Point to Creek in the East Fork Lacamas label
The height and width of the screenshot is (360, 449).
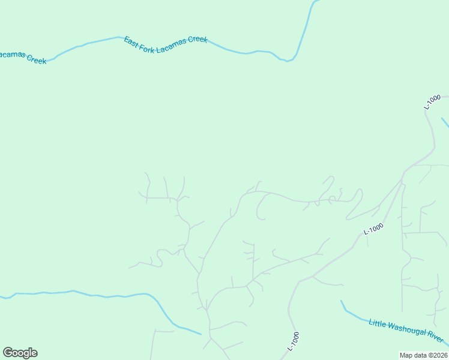[197, 40]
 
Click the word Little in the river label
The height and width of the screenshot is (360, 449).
[377, 323]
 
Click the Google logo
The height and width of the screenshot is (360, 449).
[20, 353]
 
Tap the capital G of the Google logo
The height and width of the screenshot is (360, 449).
[8, 352]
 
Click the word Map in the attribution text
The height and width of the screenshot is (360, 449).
[406, 355]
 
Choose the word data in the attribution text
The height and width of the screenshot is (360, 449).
[420, 355]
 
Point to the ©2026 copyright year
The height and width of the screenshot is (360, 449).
[438, 355]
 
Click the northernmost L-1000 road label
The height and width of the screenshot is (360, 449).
[432, 101]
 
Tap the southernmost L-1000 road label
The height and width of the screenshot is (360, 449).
[294, 341]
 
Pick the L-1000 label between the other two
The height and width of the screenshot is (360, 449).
[373, 229]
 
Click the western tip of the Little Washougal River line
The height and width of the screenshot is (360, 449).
[341, 301]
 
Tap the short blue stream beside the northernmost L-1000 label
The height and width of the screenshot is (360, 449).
[445, 123]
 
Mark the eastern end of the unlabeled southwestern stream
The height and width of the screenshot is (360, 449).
[200, 334]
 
